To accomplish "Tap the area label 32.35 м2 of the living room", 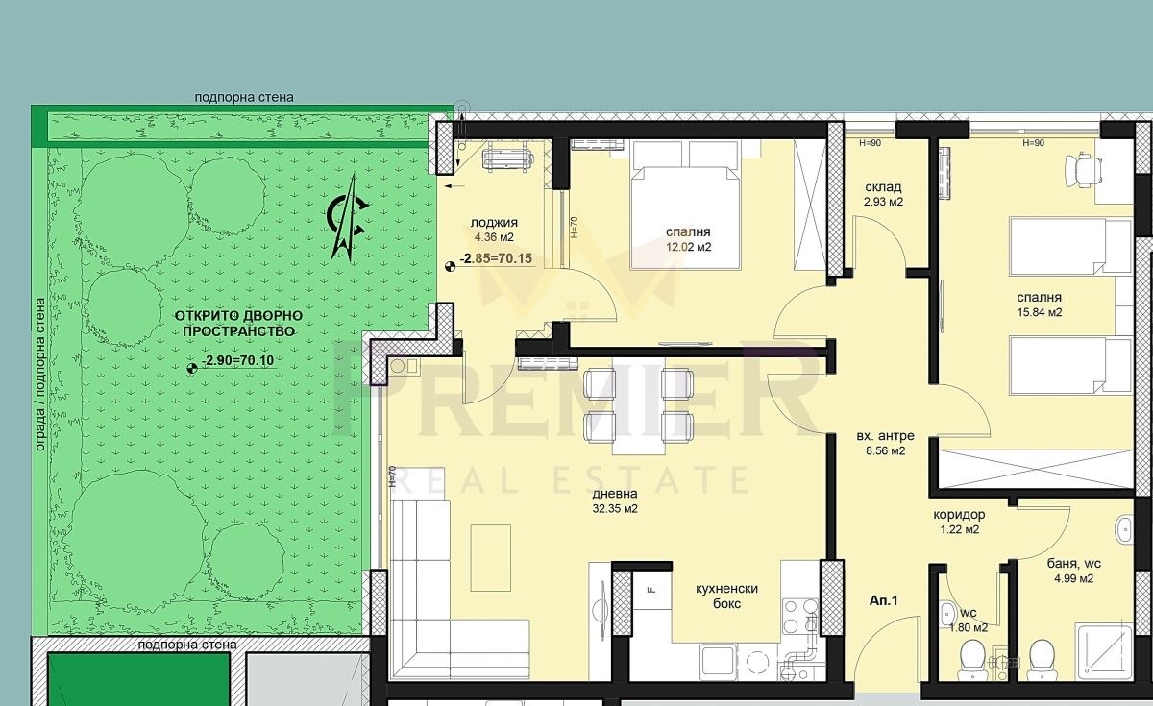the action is click(615, 509).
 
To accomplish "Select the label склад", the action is click(883, 187).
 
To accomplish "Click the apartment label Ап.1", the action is click(883, 600).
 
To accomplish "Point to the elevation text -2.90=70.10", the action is click(238, 360).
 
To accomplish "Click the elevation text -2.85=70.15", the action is click(496, 258).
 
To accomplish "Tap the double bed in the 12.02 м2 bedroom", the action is click(686, 205).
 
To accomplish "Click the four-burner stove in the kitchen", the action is click(799, 617).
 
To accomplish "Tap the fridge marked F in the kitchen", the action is click(652, 590).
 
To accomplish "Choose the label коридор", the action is click(960, 515).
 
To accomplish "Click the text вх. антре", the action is click(885, 436).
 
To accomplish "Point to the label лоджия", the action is click(494, 223).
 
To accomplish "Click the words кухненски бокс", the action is click(726, 596).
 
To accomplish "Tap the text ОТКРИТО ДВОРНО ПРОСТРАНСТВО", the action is click(238, 323).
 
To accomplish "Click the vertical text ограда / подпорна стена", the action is click(40, 375).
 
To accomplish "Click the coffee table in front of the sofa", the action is click(491, 551).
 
